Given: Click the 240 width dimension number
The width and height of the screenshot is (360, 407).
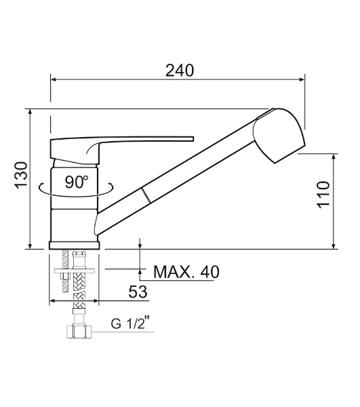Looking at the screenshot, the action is coord(180,71).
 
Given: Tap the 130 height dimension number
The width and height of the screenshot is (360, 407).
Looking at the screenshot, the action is coord(21,175).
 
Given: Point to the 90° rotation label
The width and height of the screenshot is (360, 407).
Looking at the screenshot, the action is coord(77,182).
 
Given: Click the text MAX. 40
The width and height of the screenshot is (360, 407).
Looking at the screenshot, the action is coord(186,272).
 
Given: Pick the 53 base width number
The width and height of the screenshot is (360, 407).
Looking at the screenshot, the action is coord(138,292).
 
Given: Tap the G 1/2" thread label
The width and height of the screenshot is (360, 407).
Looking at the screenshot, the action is coord(131,324).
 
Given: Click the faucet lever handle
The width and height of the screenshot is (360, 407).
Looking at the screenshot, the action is coord(122,150).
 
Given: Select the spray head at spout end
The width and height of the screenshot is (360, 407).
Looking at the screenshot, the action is coord(279,136).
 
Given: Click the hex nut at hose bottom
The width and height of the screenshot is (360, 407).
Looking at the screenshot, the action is coord(79,332).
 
